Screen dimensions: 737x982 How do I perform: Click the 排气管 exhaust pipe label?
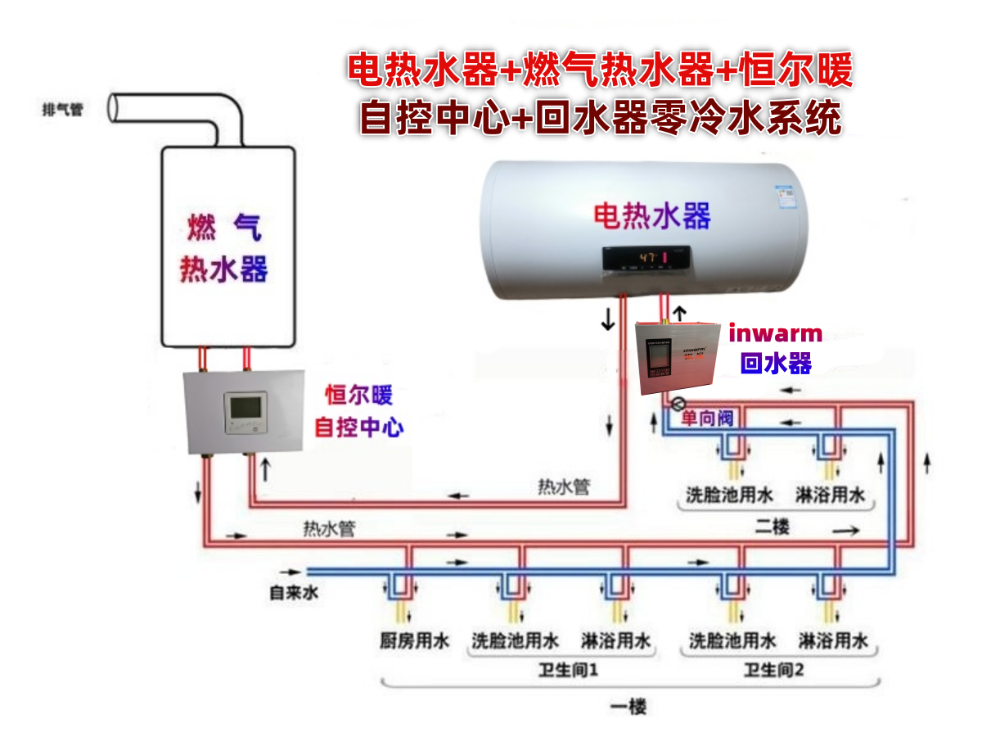pyautogui.click(x=62, y=110)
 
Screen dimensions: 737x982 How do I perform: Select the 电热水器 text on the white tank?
pyautogui.click(x=651, y=215)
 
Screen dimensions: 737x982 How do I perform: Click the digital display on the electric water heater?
pyautogui.click(x=646, y=258)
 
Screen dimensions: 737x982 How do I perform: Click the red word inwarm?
pyautogui.click(x=775, y=333)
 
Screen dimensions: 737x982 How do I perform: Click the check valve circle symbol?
pyautogui.click(x=677, y=404)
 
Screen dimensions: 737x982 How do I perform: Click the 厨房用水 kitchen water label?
pyautogui.click(x=414, y=641)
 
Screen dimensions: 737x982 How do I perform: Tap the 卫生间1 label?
pyautogui.click(x=569, y=671)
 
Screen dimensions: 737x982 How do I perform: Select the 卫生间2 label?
pyautogui.click(x=774, y=671)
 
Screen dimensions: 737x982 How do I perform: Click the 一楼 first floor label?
pyautogui.click(x=628, y=707)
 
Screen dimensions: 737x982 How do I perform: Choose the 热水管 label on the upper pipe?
pyautogui.click(x=563, y=487)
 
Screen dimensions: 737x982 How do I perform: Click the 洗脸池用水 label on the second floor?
pyautogui.click(x=728, y=495)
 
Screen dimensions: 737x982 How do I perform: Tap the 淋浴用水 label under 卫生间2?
pyautogui.click(x=833, y=641)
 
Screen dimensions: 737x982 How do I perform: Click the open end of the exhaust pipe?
pyautogui.click(x=116, y=107)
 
